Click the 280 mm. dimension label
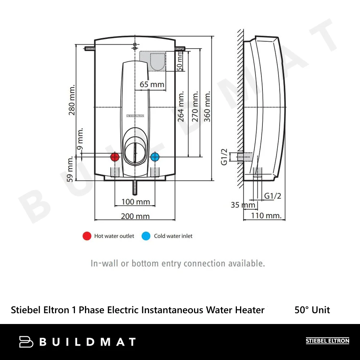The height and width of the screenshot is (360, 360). pos(72,100)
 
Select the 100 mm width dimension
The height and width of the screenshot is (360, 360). pos(135,202)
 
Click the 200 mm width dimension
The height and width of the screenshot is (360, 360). pos(135,216)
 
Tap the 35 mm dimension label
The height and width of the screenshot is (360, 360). pos(243,205)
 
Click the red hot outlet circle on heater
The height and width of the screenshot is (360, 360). pos(115,157)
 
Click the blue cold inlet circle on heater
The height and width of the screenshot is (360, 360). pos(155,157)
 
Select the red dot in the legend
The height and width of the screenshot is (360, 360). pos(87,236)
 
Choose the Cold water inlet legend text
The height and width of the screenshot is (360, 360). pos(173,236)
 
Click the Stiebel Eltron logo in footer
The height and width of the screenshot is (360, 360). pos(327,341)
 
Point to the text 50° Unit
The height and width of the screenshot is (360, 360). pos(312,310)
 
